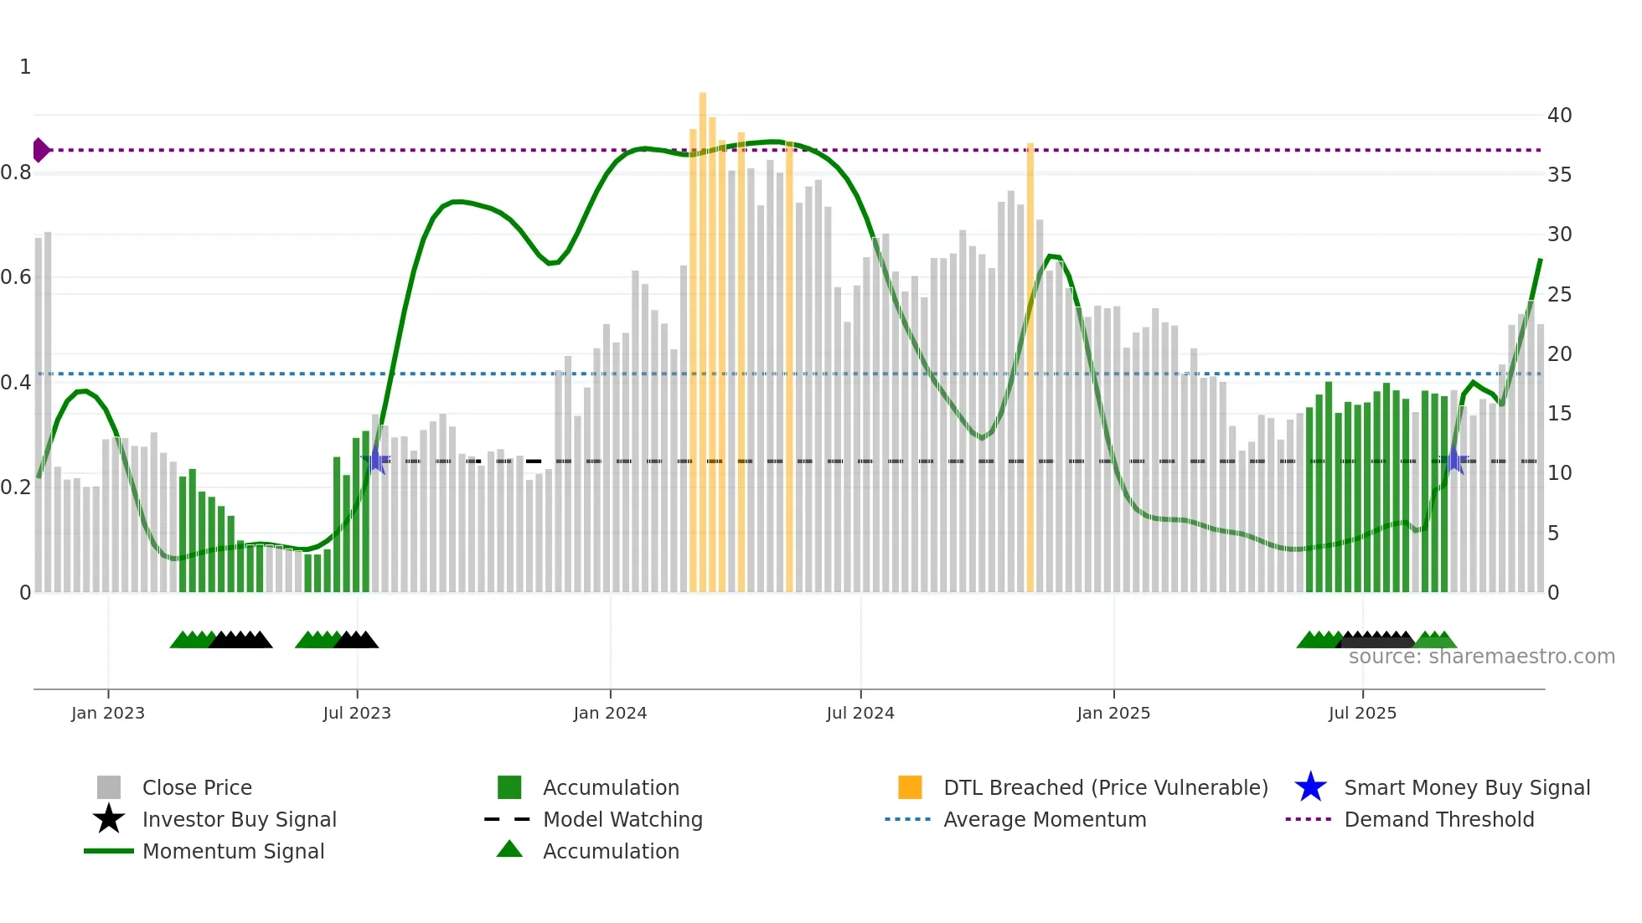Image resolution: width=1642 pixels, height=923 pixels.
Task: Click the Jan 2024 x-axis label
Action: tap(610, 713)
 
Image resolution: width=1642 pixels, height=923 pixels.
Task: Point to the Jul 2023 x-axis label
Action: tap(357, 713)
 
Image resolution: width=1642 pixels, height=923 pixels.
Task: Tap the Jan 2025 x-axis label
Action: tap(1113, 713)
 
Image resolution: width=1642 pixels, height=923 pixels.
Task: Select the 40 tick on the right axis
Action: tap(1559, 116)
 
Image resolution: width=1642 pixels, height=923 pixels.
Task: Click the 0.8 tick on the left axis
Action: tap(16, 173)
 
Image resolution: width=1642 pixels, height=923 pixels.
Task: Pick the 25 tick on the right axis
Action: tap(1559, 295)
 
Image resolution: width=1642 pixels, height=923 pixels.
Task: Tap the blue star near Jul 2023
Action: tap(378, 460)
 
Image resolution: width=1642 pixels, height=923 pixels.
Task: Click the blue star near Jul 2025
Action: tap(1455, 460)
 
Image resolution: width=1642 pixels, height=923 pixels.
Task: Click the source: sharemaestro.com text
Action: tap(1481, 657)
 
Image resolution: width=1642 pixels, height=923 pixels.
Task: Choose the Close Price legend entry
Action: tap(197, 787)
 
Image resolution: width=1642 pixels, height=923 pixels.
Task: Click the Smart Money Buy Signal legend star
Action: tap(1310, 787)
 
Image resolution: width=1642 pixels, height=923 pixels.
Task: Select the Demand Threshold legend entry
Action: tap(1438, 819)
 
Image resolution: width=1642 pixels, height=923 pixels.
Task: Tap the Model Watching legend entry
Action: tap(622, 819)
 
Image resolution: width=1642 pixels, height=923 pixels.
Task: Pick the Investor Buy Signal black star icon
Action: tap(109, 819)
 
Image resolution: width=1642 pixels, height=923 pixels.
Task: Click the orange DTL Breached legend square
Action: tap(910, 787)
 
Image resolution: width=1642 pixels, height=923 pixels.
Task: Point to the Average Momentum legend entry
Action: tap(1044, 819)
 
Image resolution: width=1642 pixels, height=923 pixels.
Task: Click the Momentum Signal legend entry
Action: tap(233, 851)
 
